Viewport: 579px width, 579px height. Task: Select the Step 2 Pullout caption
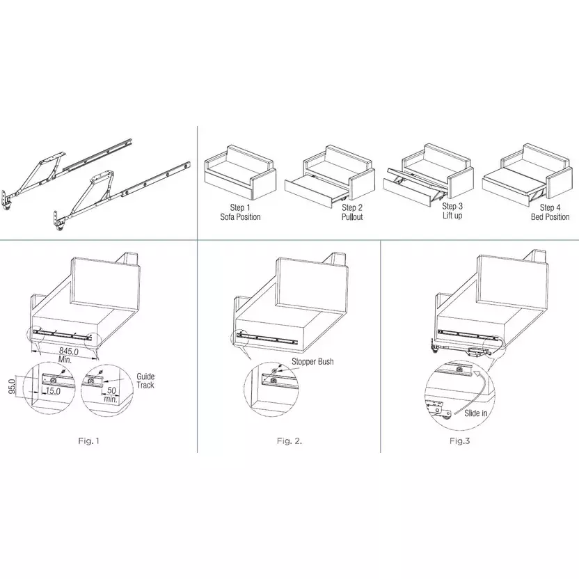coord(352,212)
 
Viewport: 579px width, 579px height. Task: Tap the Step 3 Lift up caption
coord(452,211)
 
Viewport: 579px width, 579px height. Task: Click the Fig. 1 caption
coord(88,441)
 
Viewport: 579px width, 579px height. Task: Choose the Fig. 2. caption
coord(289,441)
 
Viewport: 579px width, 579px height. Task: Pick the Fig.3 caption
coord(460,441)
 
